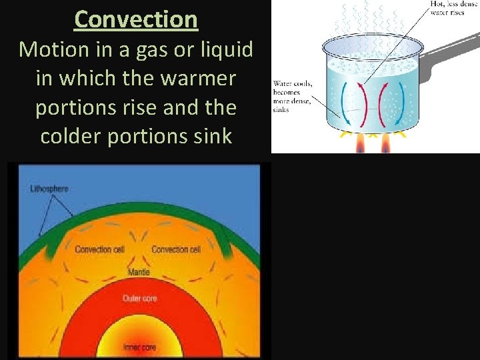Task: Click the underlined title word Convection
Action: coord(136,19)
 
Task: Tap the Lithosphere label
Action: coord(49,189)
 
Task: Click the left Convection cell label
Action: coord(100,249)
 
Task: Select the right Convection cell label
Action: coord(176,249)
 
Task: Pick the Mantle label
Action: coord(139,272)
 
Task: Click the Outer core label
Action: coord(140,298)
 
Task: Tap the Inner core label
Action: coord(140,347)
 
